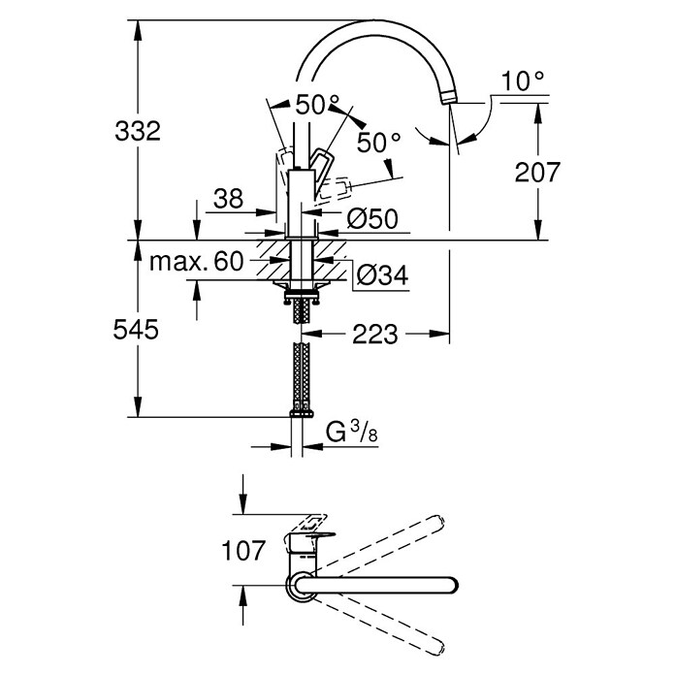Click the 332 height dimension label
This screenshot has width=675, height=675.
pyautogui.click(x=138, y=131)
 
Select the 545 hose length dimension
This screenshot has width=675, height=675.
pyautogui.click(x=136, y=330)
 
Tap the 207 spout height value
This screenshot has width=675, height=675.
pyautogui.click(x=537, y=172)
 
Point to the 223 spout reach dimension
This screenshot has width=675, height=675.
pyautogui.click(x=375, y=334)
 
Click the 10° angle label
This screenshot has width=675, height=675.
pyautogui.click(x=523, y=80)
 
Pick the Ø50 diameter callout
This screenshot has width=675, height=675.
pyautogui.click(x=372, y=218)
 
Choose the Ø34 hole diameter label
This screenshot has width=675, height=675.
pyautogui.click(x=382, y=274)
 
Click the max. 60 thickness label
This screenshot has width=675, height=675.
pyautogui.click(x=196, y=261)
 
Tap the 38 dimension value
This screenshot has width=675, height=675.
pyautogui.click(x=228, y=199)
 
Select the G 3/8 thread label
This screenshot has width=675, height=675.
pyautogui.click(x=352, y=432)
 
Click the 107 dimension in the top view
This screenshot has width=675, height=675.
pyautogui.click(x=243, y=551)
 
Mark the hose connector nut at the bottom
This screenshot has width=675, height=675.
pyautogui.click(x=302, y=414)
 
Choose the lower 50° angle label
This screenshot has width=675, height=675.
pyautogui.click(x=379, y=142)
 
